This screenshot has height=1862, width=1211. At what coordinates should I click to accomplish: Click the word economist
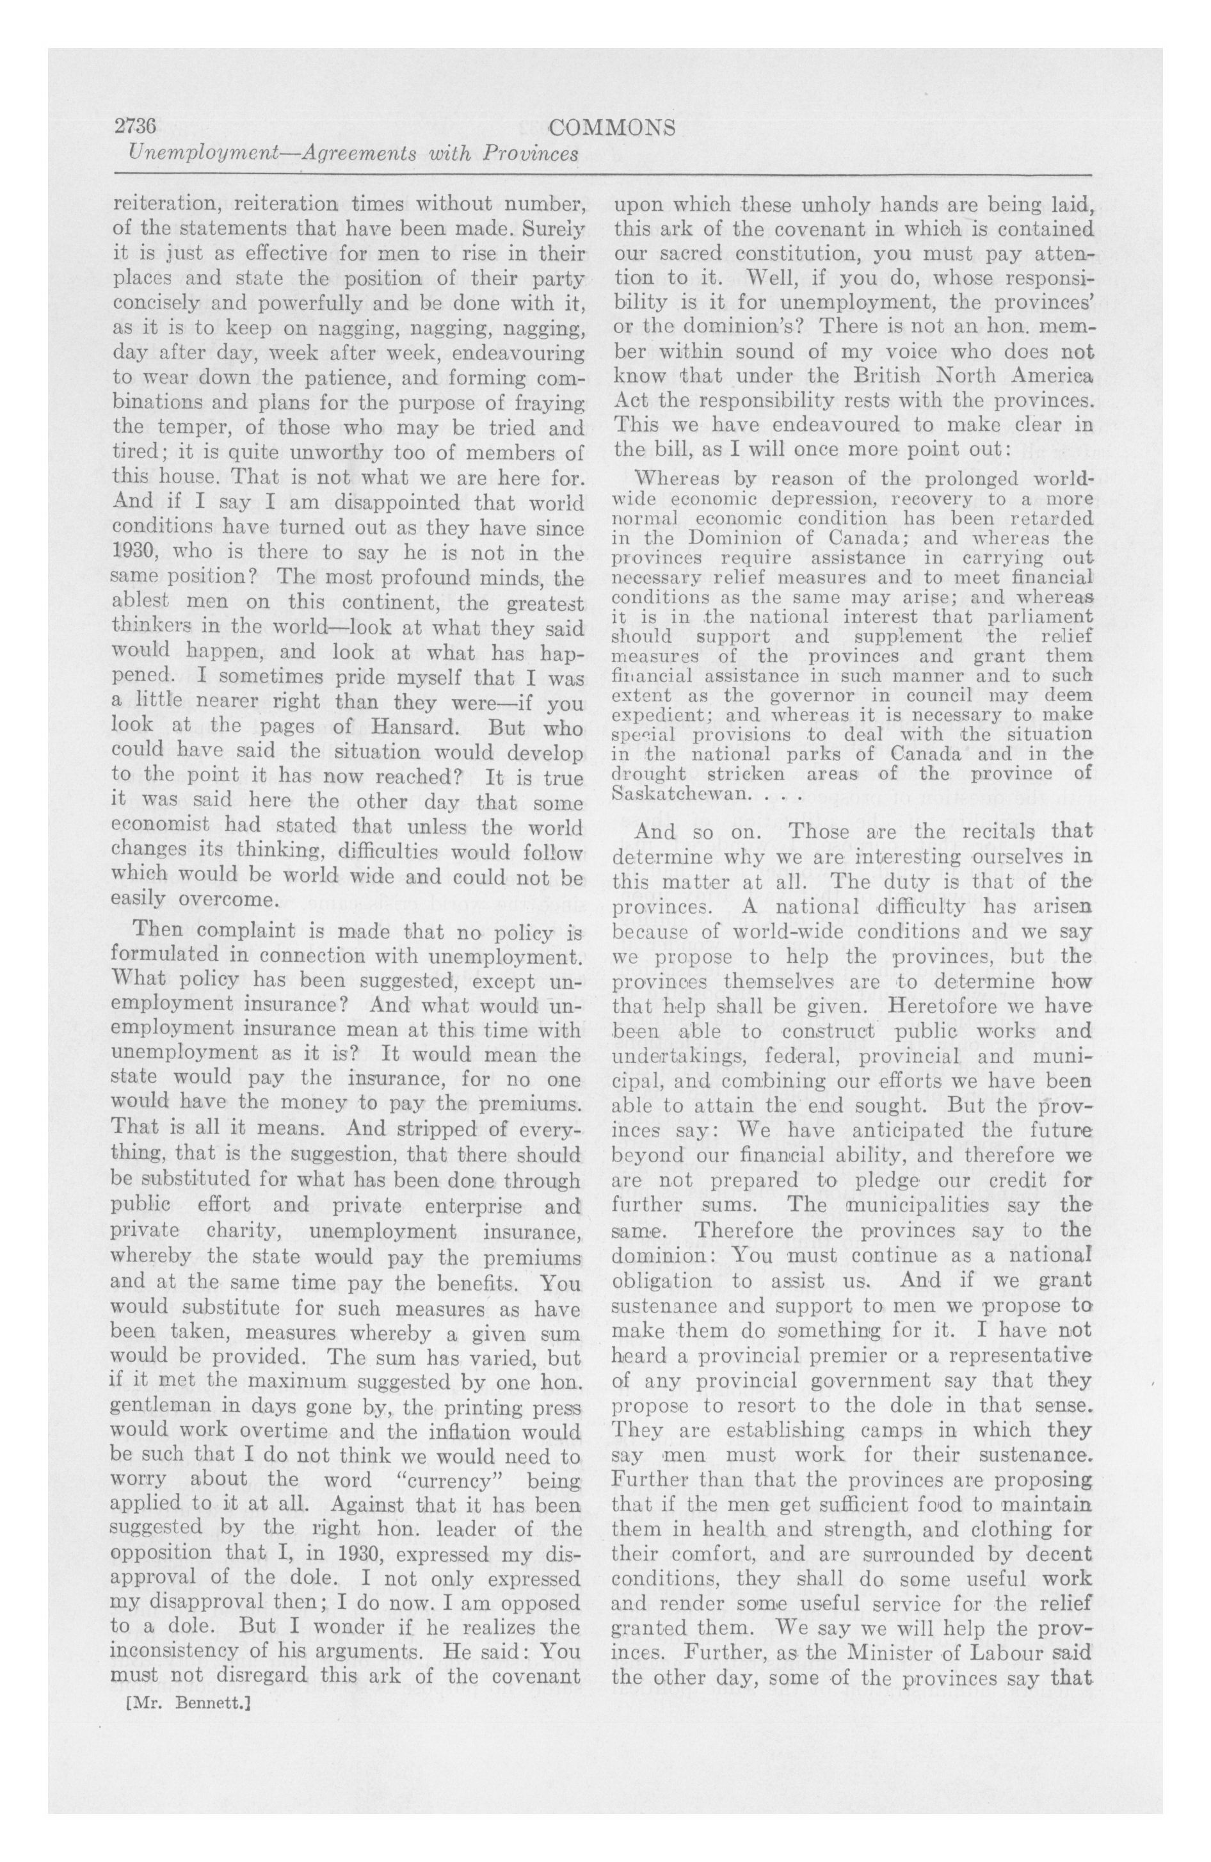tap(159, 828)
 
